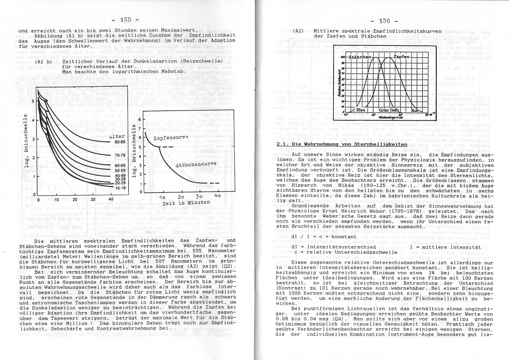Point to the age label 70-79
[120, 155]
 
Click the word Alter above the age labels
[117, 136]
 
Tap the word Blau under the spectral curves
[361, 111]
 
